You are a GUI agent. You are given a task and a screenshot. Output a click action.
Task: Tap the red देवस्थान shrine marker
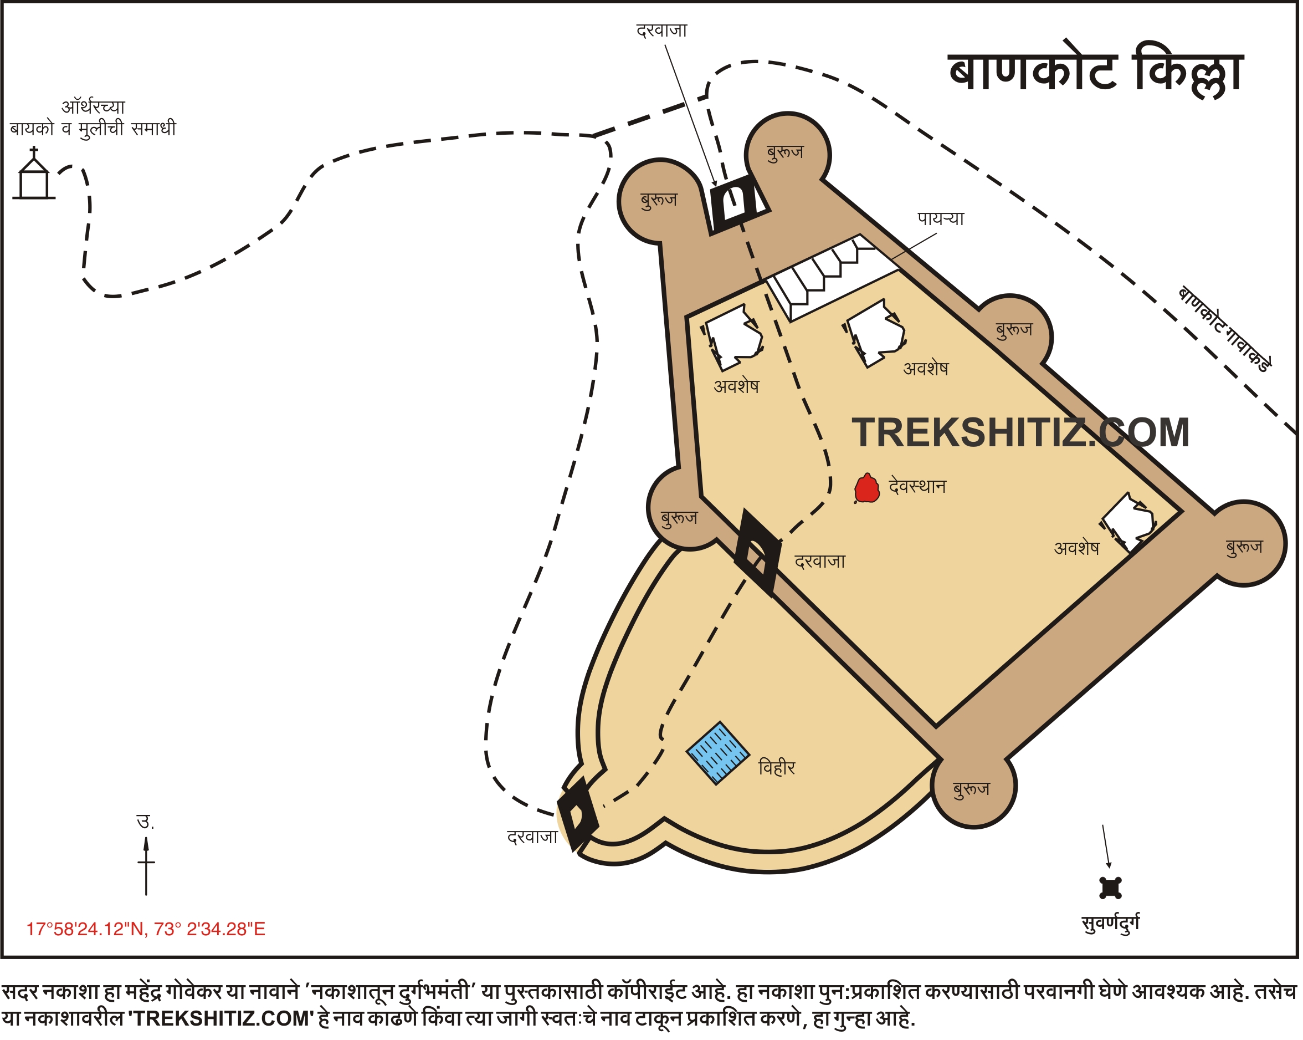[866, 488]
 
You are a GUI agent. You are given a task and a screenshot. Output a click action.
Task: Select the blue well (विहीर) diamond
[718, 753]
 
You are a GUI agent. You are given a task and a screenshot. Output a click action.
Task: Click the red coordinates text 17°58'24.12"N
[146, 929]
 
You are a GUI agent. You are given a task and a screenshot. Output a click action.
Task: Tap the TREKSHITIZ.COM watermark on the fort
[1020, 433]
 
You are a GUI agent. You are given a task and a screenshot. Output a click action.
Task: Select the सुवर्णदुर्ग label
[1110, 923]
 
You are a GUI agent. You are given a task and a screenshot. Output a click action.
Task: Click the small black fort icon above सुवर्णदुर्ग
[1110, 888]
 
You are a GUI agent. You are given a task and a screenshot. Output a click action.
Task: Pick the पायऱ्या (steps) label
[940, 218]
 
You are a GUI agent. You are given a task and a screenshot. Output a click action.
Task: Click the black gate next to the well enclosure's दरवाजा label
[578, 813]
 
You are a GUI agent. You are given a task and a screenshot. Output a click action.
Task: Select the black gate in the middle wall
[757, 552]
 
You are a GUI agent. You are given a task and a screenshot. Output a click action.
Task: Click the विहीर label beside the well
[777, 768]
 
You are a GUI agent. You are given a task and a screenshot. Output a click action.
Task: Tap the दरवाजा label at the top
[662, 30]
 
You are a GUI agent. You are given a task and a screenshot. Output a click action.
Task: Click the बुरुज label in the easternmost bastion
[1244, 547]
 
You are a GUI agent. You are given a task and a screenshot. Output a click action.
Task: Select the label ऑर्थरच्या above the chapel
[93, 107]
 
